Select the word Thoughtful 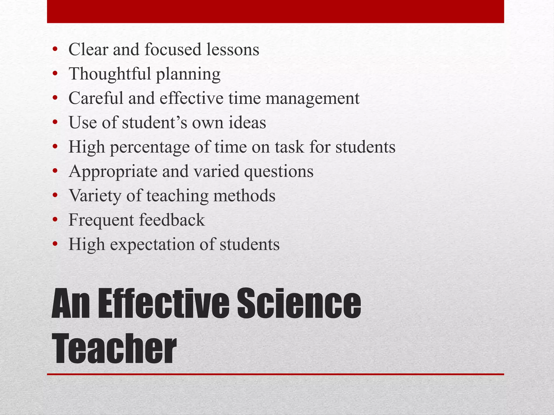coord(110,74)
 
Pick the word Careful coord(96,98)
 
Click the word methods coord(244,196)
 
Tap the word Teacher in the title coord(114,349)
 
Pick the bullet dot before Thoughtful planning coord(55,74)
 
